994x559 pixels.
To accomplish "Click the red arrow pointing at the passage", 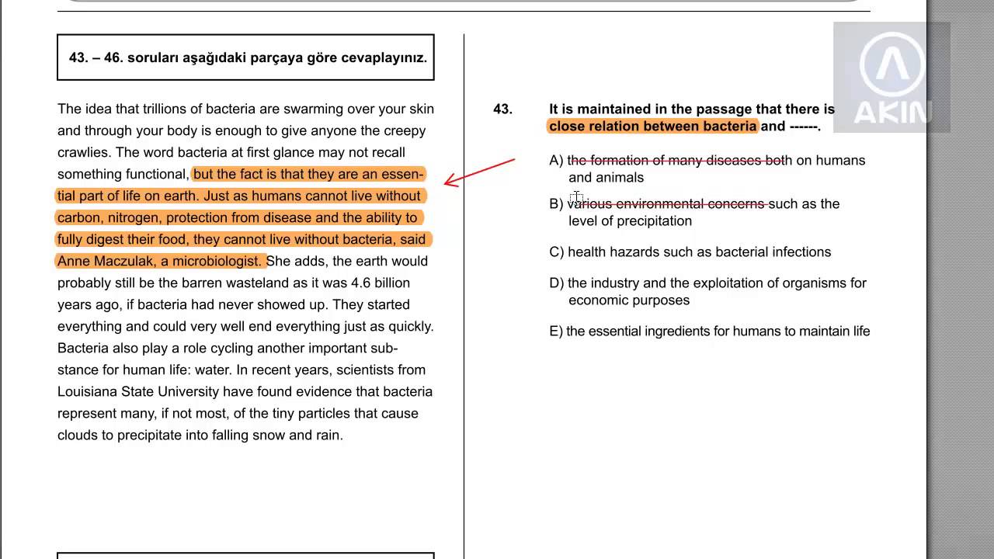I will [478, 172].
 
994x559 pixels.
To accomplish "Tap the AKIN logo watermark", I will [891, 78].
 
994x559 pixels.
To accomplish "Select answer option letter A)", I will [556, 161].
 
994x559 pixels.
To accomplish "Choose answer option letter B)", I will [556, 204].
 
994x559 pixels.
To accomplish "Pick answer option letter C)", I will [556, 252].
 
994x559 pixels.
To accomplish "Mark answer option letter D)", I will [556, 283].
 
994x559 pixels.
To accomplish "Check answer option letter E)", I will [556, 332].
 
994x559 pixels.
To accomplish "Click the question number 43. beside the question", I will [502, 109].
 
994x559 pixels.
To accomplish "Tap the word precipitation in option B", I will [653, 221].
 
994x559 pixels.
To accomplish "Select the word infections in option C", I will [801, 252].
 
